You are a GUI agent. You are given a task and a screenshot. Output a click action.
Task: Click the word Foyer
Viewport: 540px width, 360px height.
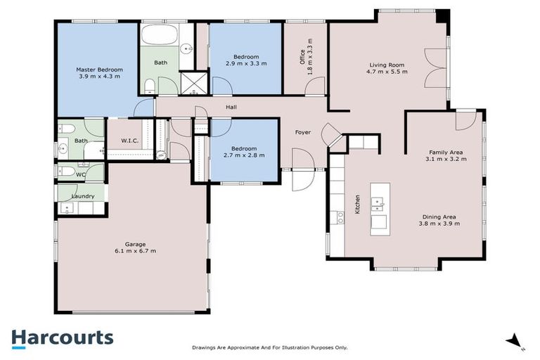tap(302, 131)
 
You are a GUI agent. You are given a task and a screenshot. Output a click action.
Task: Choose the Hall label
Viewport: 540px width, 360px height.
tap(231, 107)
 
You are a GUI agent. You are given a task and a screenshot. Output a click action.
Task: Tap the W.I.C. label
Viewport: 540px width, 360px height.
tap(129, 141)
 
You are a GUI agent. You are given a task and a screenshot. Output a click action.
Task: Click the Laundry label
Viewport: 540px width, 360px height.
tap(82, 195)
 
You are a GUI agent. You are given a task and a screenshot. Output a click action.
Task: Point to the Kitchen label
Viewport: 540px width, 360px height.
tap(357, 204)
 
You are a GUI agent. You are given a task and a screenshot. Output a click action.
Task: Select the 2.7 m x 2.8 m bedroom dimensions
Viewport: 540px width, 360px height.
tap(243, 155)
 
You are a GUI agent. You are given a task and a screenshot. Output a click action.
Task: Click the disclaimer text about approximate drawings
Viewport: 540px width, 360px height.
tap(270, 347)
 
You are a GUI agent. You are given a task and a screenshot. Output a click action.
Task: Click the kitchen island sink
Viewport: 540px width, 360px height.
tap(377, 205)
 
